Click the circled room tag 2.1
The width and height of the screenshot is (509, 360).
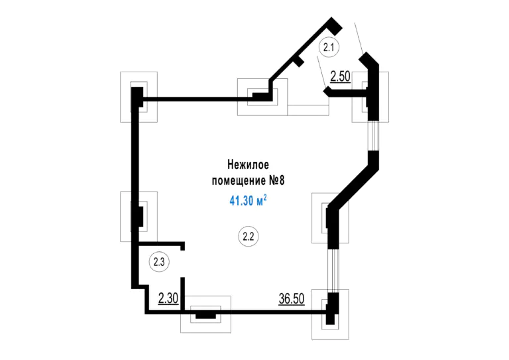click(x=329, y=47)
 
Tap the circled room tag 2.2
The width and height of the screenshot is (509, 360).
click(x=249, y=236)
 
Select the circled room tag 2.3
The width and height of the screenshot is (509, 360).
click(x=159, y=262)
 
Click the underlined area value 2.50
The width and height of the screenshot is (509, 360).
click(x=340, y=77)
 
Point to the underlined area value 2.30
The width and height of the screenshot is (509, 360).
click(x=168, y=298)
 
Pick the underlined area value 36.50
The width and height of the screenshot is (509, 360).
click(x=292, y=298)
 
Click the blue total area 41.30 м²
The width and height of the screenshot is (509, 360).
click(x=248, y=201)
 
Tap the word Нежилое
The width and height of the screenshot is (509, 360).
click(x=248, y=164)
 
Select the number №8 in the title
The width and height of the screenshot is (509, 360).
click(x=277, y=180)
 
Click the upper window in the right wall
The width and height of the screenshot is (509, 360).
click(x=373, y=136)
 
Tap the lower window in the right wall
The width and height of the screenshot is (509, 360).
click(x=333, y=270)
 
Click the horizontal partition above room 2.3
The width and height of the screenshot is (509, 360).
click(x=161, y=244)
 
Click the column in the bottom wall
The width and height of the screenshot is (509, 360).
click(x=205, y=315)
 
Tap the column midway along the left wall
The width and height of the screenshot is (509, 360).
click(x=140, y=217)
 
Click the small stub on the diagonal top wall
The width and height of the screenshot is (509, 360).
click(x=300, y=61)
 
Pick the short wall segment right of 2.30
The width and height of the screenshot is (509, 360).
click(x=182, y=294)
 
